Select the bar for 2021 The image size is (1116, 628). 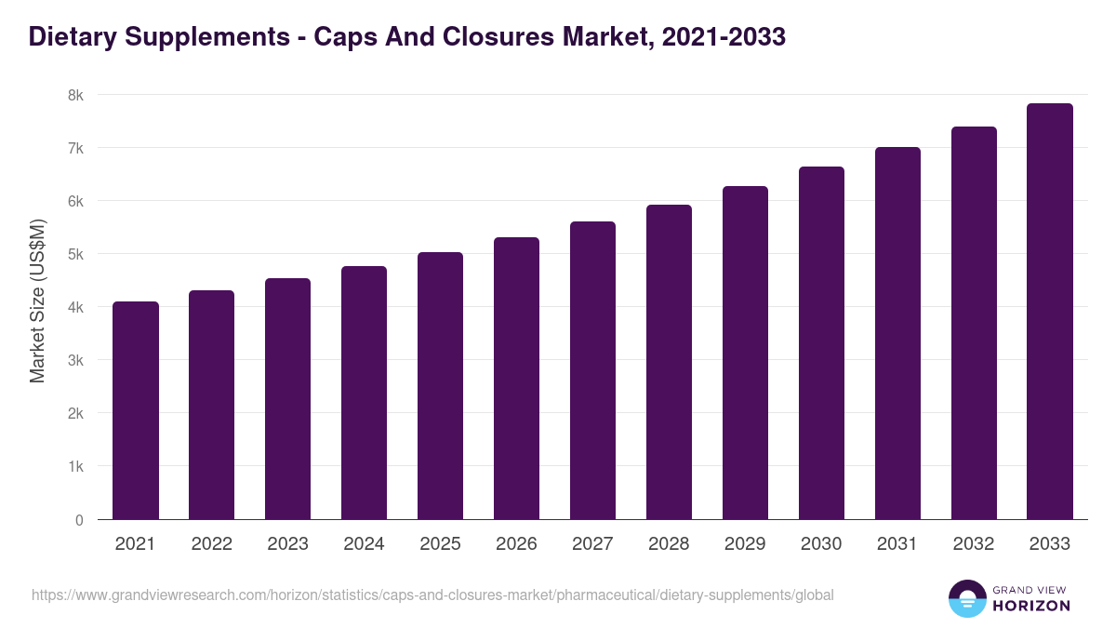[136, 410]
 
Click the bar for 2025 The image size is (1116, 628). [440, 385]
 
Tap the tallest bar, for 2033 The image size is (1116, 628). [1050, 311]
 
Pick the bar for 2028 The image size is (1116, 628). [669, 362]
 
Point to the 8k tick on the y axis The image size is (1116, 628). [75, 95]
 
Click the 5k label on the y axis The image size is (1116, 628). [75, 254]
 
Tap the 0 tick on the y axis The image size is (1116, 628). [79, 520]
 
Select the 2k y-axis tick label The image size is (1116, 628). [75, 413]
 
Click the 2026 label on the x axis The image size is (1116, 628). [516, 544]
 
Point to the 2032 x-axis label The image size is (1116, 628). [974, 544]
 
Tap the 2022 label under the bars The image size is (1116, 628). [211, 544]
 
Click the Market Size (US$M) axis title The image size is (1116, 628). [37, 301]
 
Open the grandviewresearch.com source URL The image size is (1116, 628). [432, 595]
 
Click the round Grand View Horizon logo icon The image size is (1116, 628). [966, 598]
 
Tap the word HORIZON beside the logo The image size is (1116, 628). [1032, 606]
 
